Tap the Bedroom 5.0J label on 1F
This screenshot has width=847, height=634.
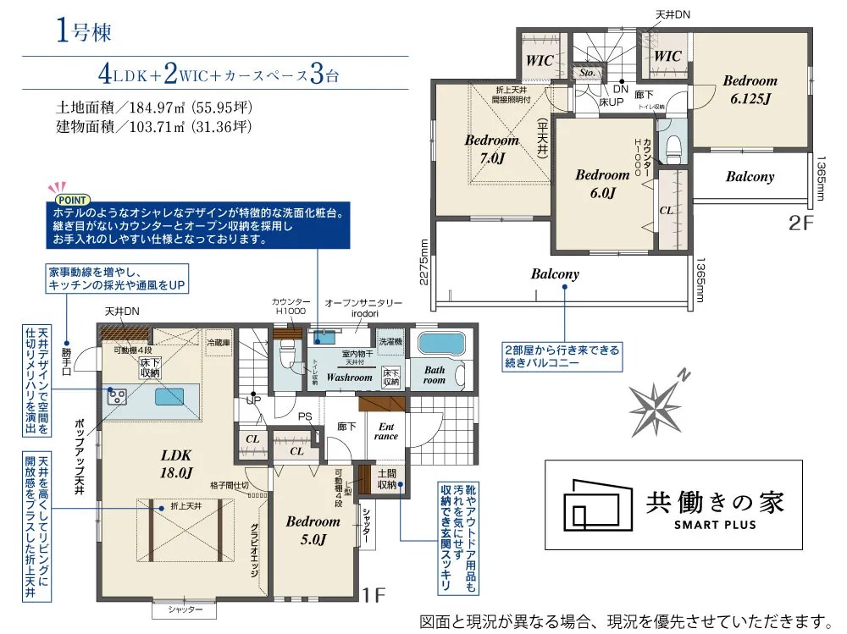(313, 530)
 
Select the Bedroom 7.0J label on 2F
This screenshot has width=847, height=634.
(491, 149)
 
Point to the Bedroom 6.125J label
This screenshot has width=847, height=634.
(750, 89)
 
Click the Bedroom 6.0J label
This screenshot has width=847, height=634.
(602, 183)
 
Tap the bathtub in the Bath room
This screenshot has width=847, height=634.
(441, 345)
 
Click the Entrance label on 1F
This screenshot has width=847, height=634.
(387, 432)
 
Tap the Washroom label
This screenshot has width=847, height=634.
(349, 377)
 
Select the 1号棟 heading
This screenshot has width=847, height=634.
(81, 33)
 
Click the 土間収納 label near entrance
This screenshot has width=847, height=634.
(386, 479)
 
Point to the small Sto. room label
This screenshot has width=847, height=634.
(586, 74)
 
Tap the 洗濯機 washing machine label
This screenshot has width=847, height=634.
(390, 341)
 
